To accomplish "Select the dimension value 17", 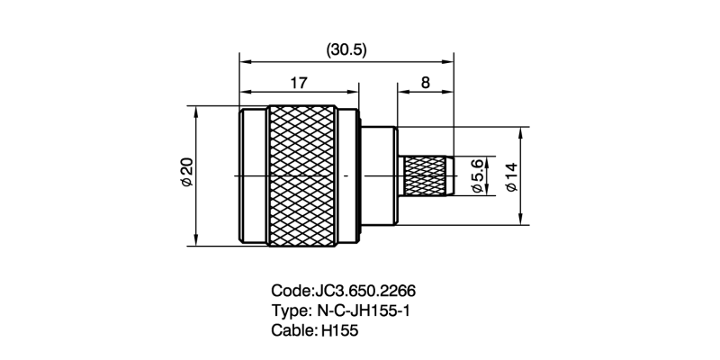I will pyautogui.click(x=299, y=83).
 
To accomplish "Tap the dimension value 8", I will pyautogui.click(x=425, y=83).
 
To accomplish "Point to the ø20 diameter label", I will pyautogui.click(x=186, y=172).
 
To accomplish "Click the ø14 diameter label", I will pyautogui.click(x=510, y=175).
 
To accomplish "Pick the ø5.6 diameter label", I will pyautogui.click(x=478, y=175).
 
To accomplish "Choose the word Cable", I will pyautogui.click(x=292, y=330).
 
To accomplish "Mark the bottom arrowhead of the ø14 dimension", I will pyautogui.click(x=521, y=219).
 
